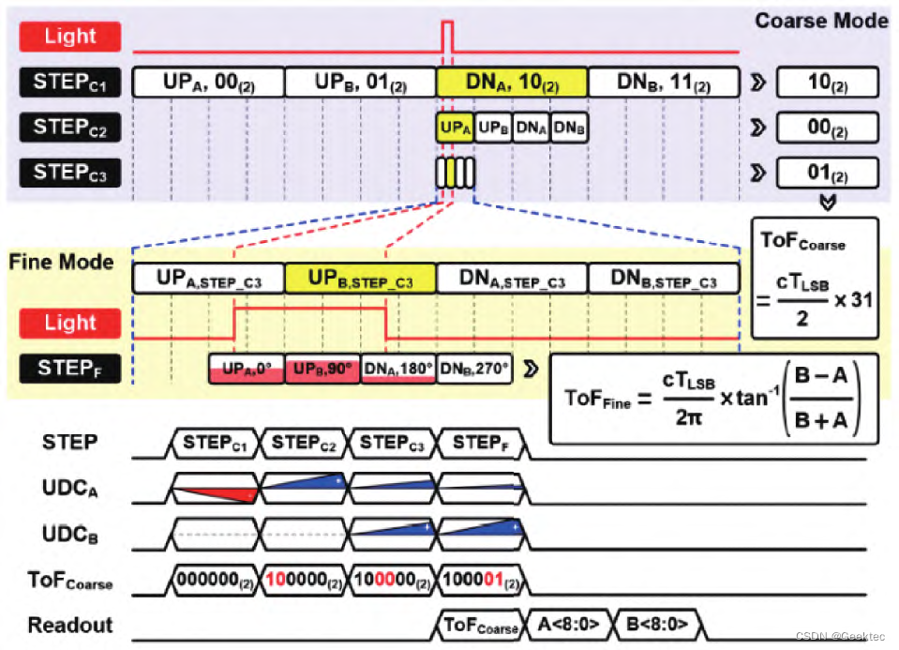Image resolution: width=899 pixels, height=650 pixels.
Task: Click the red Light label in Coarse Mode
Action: (70, 37)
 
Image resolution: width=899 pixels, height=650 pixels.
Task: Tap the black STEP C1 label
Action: (70, 82)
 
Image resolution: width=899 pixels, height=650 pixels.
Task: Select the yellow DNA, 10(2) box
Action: (512, 83)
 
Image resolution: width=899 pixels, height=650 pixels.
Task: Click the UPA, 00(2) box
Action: (208, 83)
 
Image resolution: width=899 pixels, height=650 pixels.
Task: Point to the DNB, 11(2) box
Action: (664, 83)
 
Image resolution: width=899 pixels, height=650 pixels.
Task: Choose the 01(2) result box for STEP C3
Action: (827, 173)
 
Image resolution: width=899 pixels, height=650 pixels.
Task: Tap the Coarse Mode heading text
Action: (821, 20)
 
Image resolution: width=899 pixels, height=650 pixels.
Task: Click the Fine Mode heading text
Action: (61, 261)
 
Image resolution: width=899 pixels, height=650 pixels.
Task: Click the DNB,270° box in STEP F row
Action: (474, 370)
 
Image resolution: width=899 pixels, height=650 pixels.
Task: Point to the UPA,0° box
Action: (246, 370)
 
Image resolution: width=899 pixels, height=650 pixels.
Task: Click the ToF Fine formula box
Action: (713, 399)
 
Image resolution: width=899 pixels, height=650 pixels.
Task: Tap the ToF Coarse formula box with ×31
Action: (815, 278)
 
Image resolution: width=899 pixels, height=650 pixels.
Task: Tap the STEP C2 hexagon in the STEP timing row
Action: (303, 442)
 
